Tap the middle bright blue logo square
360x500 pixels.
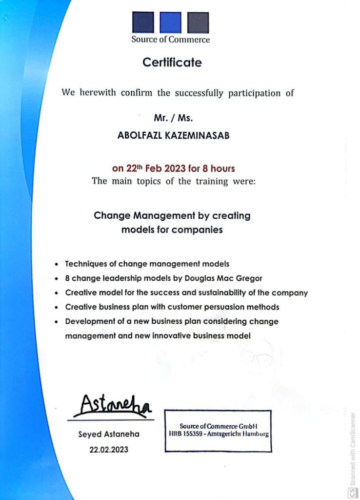[171, 22]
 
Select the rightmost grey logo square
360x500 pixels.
[198, 22]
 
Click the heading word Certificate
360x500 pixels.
[172, 62]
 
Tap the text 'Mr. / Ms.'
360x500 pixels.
[174, 118]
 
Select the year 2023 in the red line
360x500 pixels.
[175, 169]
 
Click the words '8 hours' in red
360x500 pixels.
[219, 169]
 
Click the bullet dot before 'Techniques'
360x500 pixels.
[57, 264]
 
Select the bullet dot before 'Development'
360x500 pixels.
[57, 322]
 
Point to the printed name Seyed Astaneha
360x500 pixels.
[109, 434]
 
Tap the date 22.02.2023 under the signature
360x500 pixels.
[109, 450]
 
